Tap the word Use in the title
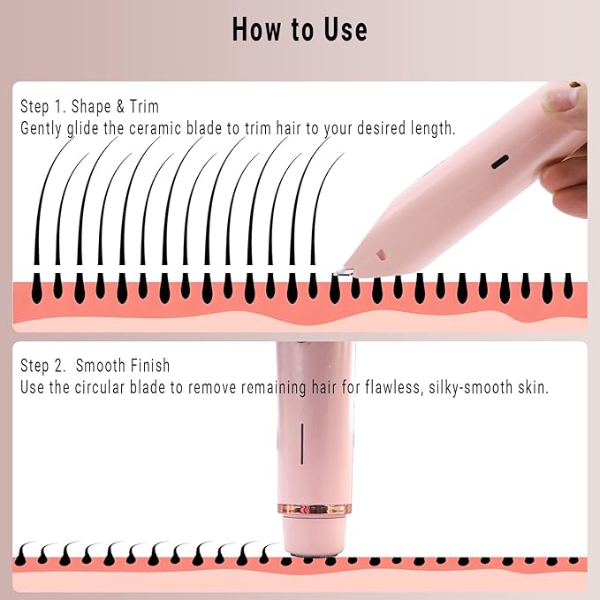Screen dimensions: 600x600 (343, 29)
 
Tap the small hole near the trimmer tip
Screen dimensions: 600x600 (381, 254)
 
